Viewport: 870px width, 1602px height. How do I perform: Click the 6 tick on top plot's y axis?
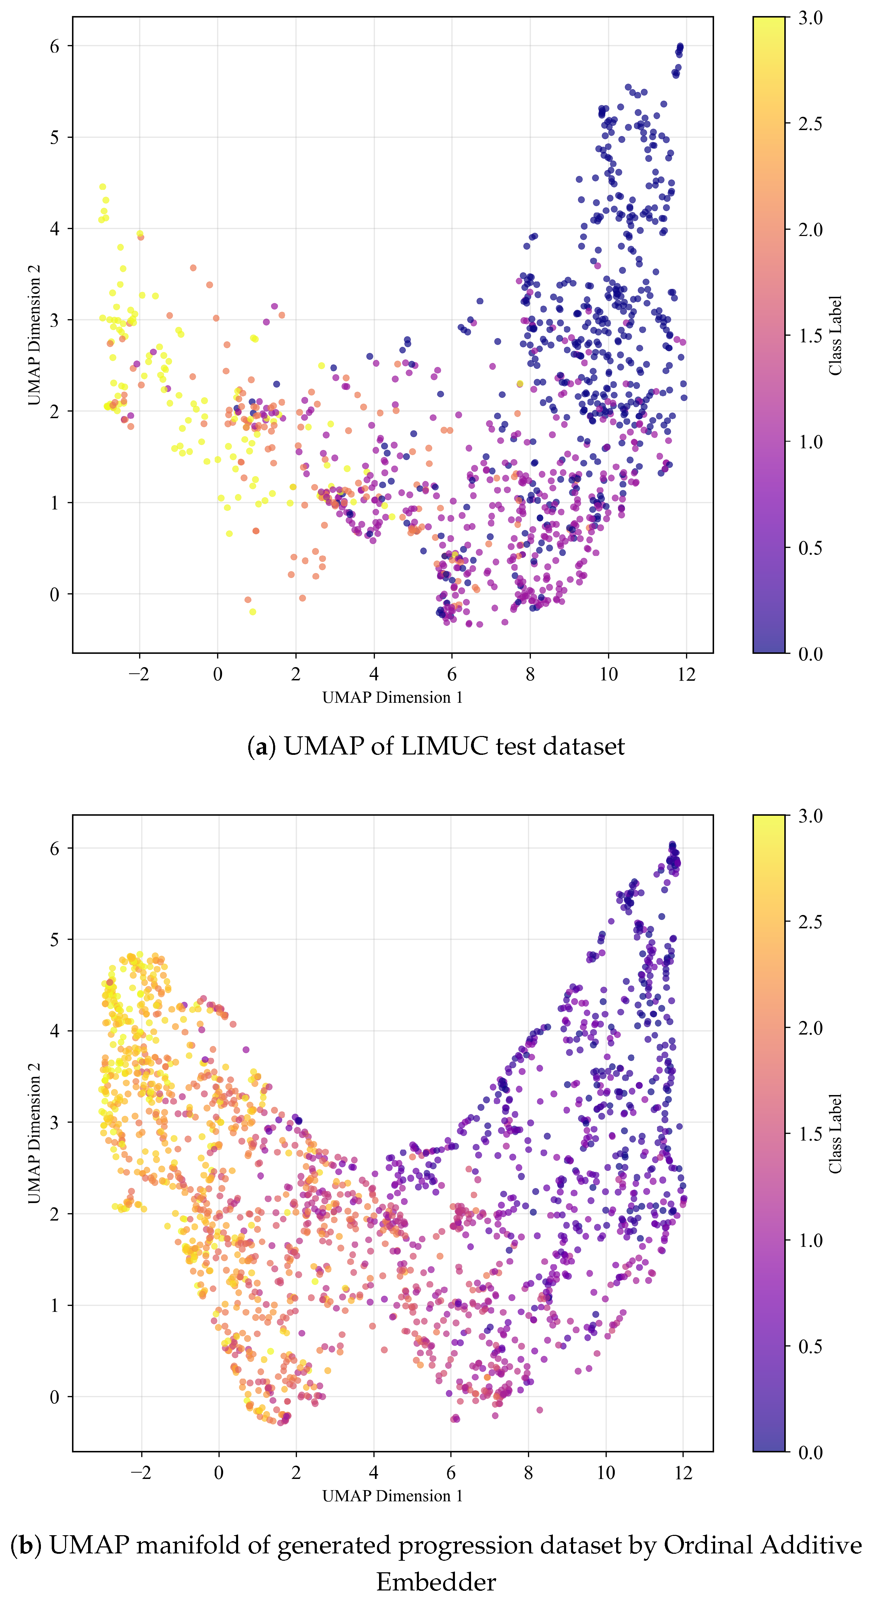pyautogui.click(x=55, y=46)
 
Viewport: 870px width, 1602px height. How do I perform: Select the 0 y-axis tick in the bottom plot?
pyautogui.click(x=55, y=1397)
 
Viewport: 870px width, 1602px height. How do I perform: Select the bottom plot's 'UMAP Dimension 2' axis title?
pyautogui.click(x=34, y=1133)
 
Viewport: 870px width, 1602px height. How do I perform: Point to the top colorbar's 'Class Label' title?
pyautogui.click(x=835, y=335)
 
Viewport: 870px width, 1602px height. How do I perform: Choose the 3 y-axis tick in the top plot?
pyautogui.click(x=55, y=320)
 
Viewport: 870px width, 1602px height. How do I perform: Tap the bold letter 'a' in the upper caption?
pyautogui.click(x=261, y=746)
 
